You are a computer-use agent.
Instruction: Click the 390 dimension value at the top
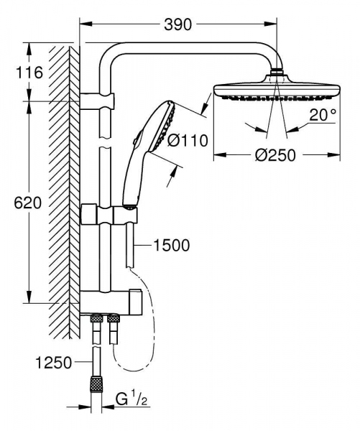click(x=177, y=25)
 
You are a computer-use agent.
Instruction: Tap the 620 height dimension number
click(x=27, y=203)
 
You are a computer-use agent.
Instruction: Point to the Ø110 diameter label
click(x=188, y=141)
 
